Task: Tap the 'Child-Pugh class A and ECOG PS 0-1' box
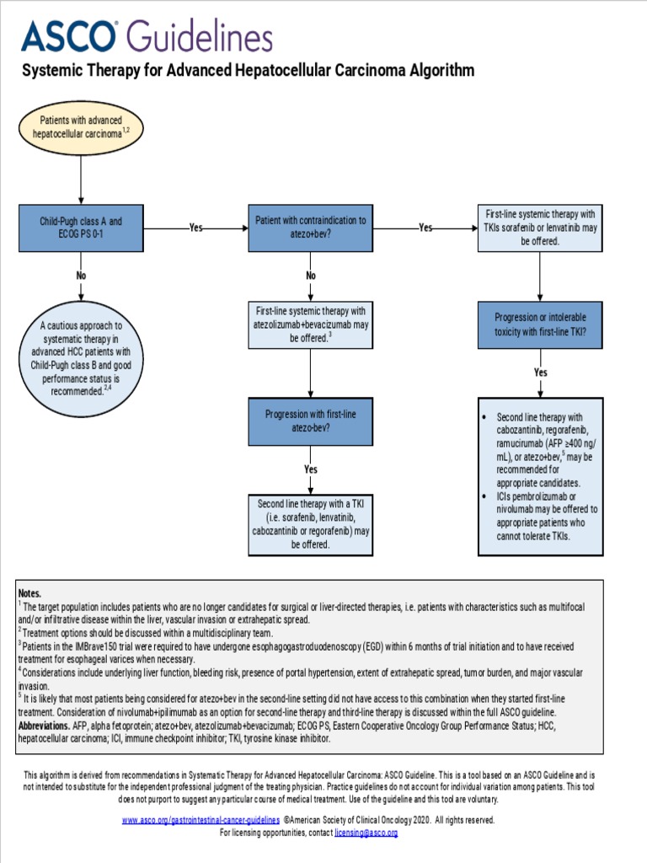pos(81,228)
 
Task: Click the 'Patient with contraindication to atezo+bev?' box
pos(311,228)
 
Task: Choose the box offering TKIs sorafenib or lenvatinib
pos(540,228)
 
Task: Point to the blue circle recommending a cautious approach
pos(81,358)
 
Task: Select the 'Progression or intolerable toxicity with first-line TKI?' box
pos(540,324)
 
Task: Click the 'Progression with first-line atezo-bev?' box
pos(311,421)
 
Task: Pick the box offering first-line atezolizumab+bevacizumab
pos(311,324)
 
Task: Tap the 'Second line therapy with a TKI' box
pos(311,524)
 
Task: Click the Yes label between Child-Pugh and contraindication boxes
pos(195,228)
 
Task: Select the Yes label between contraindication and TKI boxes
pos(425,228)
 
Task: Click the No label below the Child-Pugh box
pos(81,276)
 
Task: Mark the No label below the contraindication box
pos(311,276)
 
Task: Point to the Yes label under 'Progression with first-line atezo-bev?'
pos(311,469)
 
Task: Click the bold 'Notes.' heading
pos(29,593)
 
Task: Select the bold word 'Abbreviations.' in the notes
pos(44,726)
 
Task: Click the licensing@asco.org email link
pos(366,833)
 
